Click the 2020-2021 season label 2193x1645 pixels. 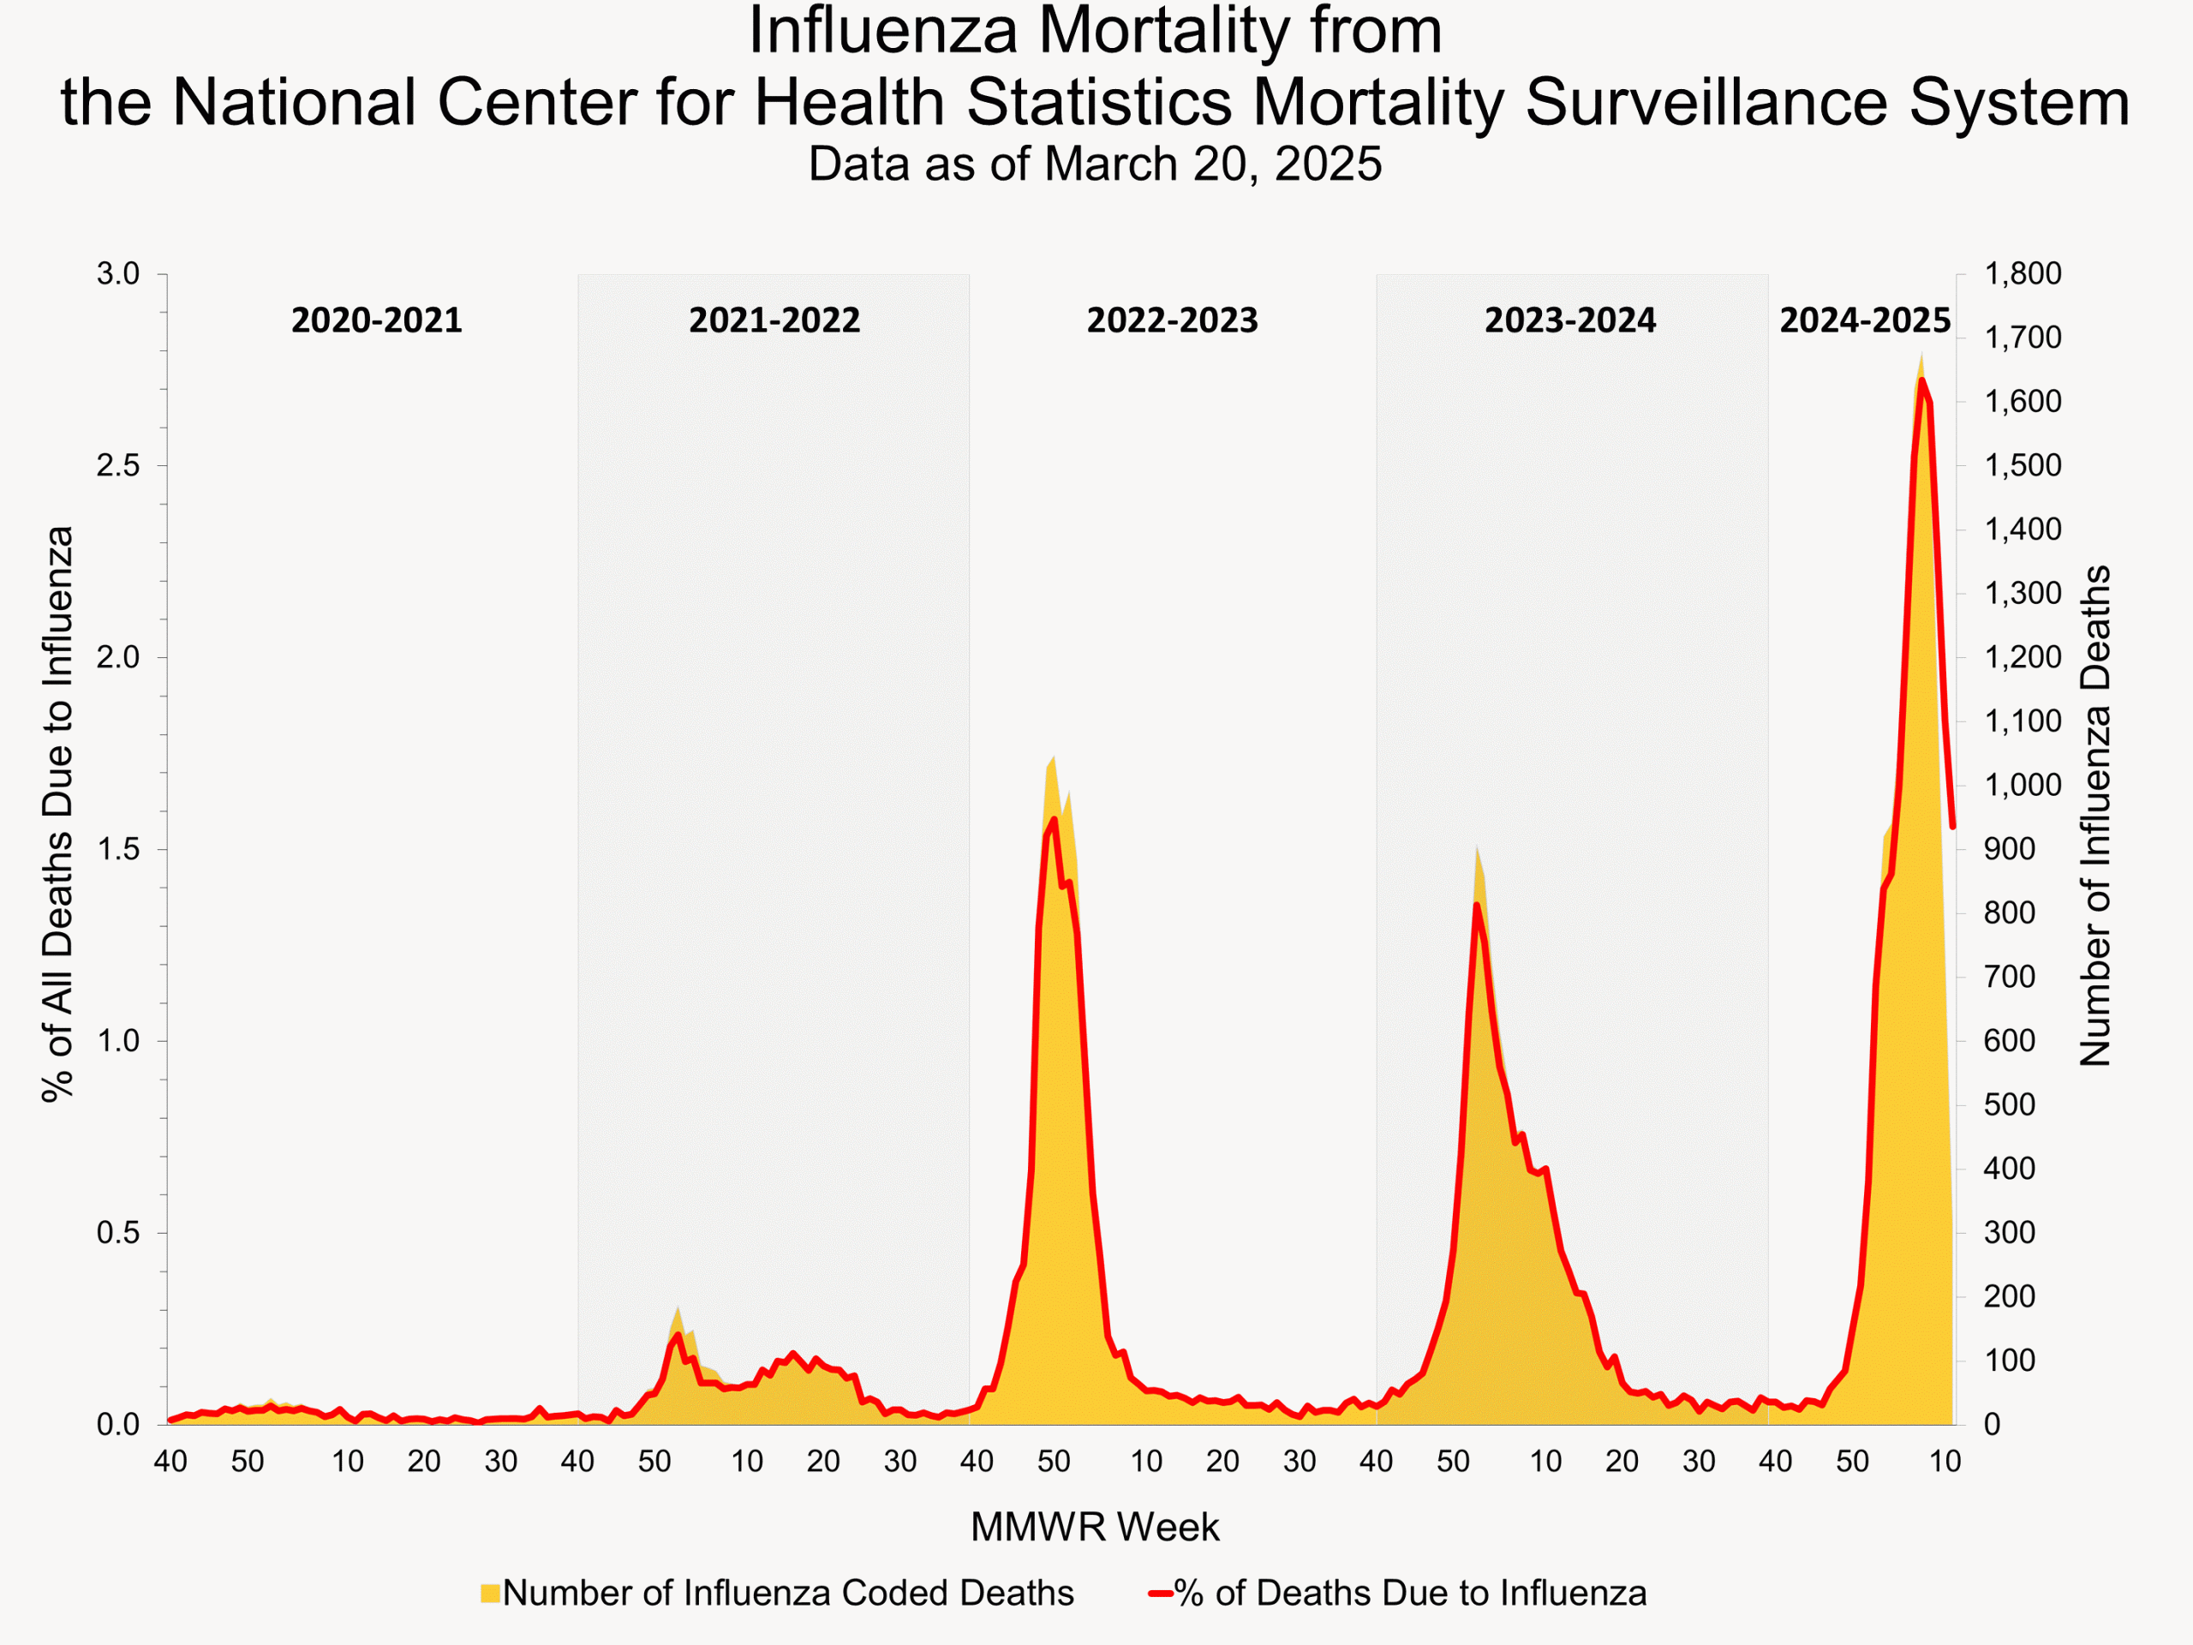click(x=377, y=320)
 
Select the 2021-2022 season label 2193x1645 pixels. click(x=774, y=320)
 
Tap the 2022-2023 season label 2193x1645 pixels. click(x=1172, y=320)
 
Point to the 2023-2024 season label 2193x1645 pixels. click(x=1569, y=320)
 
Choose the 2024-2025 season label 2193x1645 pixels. click(x=1864, y=320)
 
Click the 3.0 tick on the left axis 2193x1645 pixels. click(x=118, y=273)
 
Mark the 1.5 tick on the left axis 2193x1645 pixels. click(x=118, y=850)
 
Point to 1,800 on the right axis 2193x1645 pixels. click(x=2023, y=273)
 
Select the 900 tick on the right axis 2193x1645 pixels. click(x=2009, y=849)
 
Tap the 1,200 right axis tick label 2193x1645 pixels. click(x=2023, y=657)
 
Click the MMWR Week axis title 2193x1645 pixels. click(x=1095, y=1527)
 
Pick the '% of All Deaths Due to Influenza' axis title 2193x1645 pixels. click(x=58, y=813)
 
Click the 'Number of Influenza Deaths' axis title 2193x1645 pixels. click(x=2096, y=815)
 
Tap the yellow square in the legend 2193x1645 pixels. click(x=490, y=1594)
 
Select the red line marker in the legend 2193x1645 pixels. click(x=1161, y=1594)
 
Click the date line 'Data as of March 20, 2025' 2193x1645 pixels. click(x=1095, y=164)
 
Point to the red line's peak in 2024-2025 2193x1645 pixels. click(x=1921, y=380)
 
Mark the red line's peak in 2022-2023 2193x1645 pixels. click(x=1053, y=819)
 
